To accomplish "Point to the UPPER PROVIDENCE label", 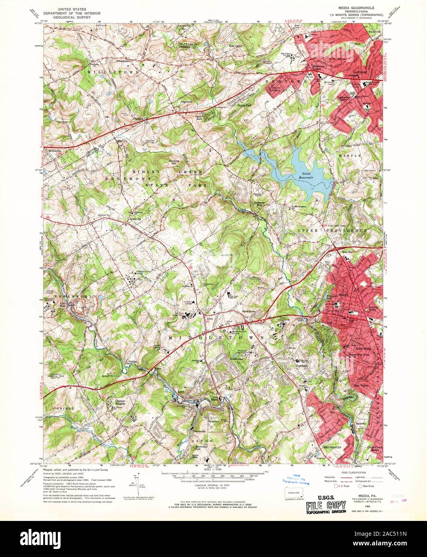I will tap(332, 231).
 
